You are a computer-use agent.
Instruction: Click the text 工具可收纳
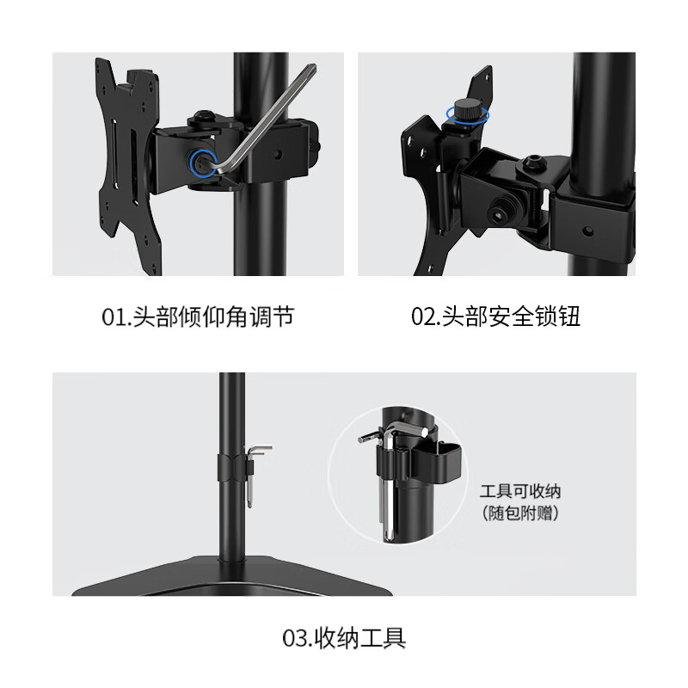[520, 492]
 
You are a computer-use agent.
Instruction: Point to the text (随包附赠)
[520, 514]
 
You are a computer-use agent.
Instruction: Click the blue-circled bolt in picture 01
[201, 163]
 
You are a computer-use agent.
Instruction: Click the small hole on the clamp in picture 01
[279, 155]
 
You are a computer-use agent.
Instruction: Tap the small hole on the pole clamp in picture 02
[587, 230]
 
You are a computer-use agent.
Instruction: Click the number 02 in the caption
[425, 317]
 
